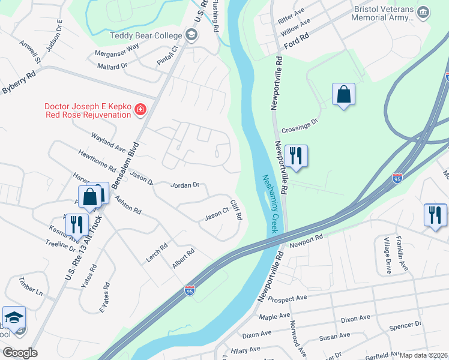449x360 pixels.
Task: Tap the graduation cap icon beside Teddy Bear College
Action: coord(191,35)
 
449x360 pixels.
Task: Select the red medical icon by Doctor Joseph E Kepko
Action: coord(140,109)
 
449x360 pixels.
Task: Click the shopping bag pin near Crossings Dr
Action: coord(343,95)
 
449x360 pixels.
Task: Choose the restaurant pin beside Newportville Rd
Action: coord(295,157)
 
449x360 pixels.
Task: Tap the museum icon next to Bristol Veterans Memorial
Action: coord(423,13)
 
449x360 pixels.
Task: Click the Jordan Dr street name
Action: coord(185,185)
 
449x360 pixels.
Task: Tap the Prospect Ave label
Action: coord(288,298)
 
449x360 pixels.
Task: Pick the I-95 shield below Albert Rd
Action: coord(190,290)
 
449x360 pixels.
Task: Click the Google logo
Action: coord(19,353)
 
